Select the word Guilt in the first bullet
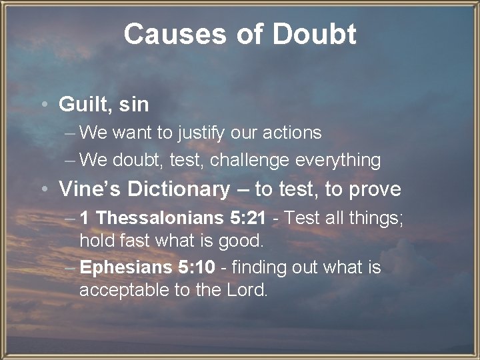click(79, 105)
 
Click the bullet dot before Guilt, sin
click(43, 105)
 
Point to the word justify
click(200, 133)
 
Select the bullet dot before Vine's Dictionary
click(43, 190)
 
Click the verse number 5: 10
click(196, 267)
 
